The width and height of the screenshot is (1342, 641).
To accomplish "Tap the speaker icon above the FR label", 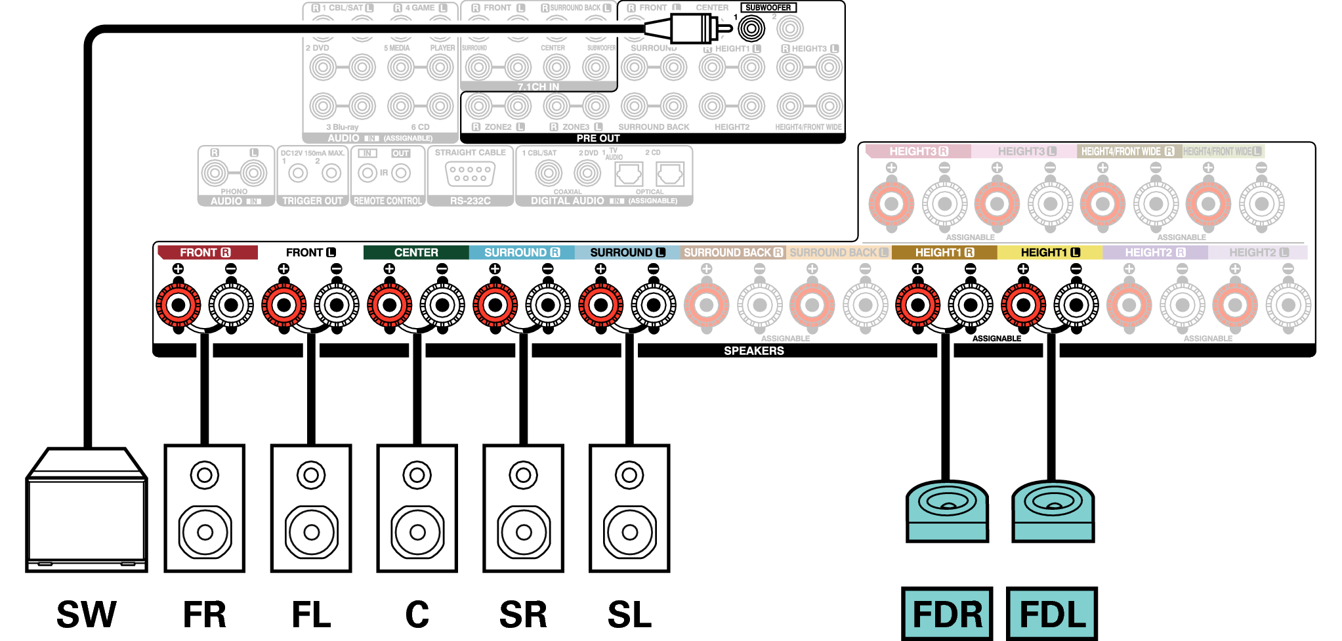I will click(x=204, y=508).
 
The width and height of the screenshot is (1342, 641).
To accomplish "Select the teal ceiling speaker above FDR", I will click(x=947, y=511).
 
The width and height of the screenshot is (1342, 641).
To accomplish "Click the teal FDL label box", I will click(x=1052, y=614).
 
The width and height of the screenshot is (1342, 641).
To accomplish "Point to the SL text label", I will click(x=629, y=615).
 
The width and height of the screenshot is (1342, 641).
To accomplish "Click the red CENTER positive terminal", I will click(x=390, y=305).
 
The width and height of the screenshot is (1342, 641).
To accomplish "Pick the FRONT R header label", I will click(x=205, y=253).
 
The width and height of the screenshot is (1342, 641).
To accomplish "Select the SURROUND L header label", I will click(x=627, y=253).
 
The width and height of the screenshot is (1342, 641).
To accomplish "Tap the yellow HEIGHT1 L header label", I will click(x=1049, y=253).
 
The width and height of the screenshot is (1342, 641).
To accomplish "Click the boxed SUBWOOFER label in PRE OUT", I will click(x=768, y=8).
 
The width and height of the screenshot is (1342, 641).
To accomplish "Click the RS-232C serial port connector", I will click(x=470, y=175).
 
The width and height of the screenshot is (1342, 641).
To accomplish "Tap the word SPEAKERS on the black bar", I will click(x=753, y=351).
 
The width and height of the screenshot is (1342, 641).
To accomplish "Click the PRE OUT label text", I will click(x=598, y=138).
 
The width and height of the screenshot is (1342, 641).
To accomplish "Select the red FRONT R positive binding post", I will click(x=178, y=305).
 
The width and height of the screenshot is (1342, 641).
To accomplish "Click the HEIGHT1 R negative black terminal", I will click(x=971, y=305).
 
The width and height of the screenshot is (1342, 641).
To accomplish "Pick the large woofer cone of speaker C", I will click(x=417, y=532).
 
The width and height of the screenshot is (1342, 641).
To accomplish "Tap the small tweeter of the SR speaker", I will click(x=523, y=475).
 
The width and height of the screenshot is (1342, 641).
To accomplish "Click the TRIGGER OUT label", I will click(x=312, y=201).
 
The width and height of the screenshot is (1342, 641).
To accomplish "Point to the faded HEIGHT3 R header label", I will click(x=917, y=152).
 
